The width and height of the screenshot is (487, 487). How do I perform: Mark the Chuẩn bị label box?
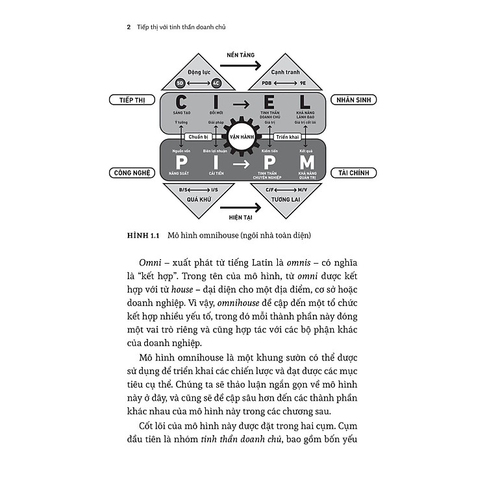coord(198,137)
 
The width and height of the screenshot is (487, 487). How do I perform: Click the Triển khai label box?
coord(287,137)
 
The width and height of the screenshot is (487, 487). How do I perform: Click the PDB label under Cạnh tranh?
coord(267,83)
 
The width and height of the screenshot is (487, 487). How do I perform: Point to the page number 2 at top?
coord(129,27)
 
